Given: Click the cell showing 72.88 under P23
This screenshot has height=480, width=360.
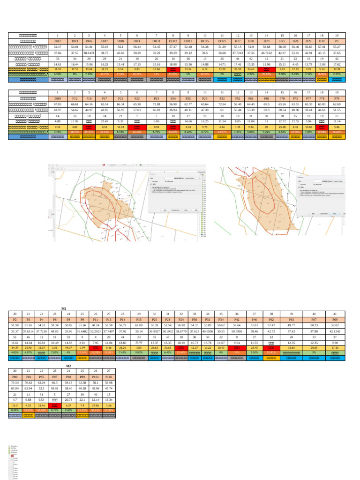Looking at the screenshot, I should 157,105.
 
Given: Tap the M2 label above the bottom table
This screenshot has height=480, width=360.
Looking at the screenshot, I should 68,365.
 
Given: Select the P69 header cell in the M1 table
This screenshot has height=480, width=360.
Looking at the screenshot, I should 335,319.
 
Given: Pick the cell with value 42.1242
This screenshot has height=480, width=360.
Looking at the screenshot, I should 335,330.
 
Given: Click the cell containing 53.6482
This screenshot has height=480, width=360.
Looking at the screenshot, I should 82,330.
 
